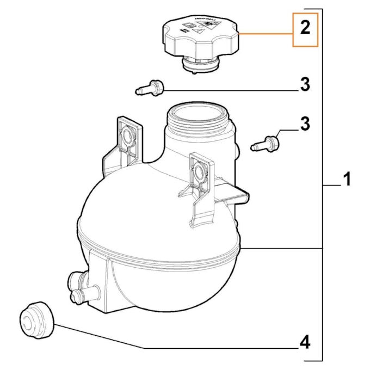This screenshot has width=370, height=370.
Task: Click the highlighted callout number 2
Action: (305, 29)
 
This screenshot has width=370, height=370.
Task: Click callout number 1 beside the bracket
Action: (347, 179)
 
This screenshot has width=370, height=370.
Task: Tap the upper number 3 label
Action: (305, 85)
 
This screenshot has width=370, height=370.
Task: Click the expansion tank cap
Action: (199, 38)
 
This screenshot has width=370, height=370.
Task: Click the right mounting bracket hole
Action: (198, 173)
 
